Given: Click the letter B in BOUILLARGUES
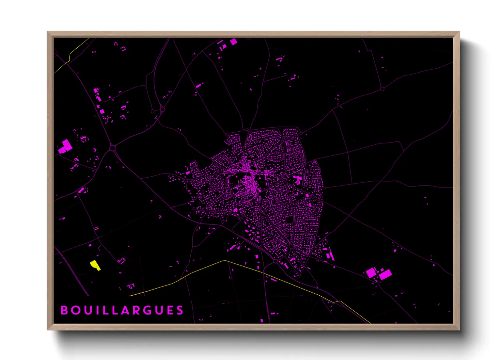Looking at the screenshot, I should tap(64, 310).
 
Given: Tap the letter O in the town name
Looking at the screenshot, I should tap(75, 310).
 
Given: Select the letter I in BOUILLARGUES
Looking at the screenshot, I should tap(96, 310).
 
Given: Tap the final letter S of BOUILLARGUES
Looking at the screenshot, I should tap(180, 310).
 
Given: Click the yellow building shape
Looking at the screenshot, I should tap(95, 265).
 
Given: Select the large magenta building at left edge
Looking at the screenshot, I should tap(65, 147).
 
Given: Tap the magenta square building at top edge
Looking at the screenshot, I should tap(234, 42).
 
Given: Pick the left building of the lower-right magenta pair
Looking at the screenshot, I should tap(371, 273).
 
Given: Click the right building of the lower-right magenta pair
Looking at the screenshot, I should tap(385, 274).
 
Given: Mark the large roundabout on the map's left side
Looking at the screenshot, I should tap(112, 148).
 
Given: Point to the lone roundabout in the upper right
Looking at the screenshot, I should tap(382, 89).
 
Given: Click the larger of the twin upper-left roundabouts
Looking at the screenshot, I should tap(163, 109).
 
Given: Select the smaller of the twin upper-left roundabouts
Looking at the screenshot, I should tap(153, 111).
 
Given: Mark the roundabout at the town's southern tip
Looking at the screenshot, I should tap(275, 261).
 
